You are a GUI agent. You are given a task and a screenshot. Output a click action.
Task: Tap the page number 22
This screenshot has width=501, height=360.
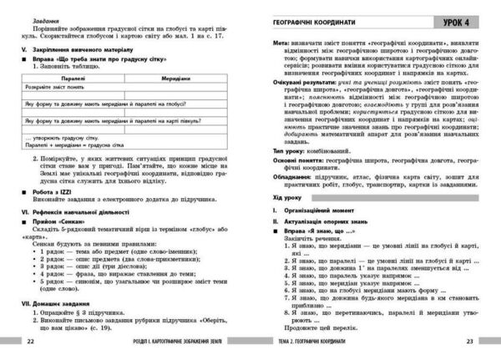point(31,342)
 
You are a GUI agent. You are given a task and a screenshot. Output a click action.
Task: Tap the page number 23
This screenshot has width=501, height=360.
point(469,342)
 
